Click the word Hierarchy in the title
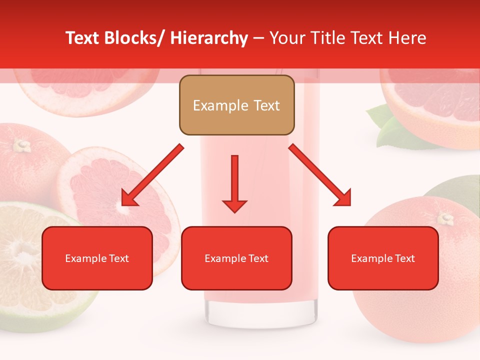[209, 38]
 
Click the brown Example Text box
[236, 105]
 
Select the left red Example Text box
[97, 258]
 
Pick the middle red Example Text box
[236, 258]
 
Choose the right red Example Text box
[383, 258]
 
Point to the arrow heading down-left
[152, 175]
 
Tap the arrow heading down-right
[320, 175]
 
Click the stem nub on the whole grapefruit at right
[445, 218]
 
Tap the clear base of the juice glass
[260, 312]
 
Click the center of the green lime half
[22, 257]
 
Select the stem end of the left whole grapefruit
[21, 145]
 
